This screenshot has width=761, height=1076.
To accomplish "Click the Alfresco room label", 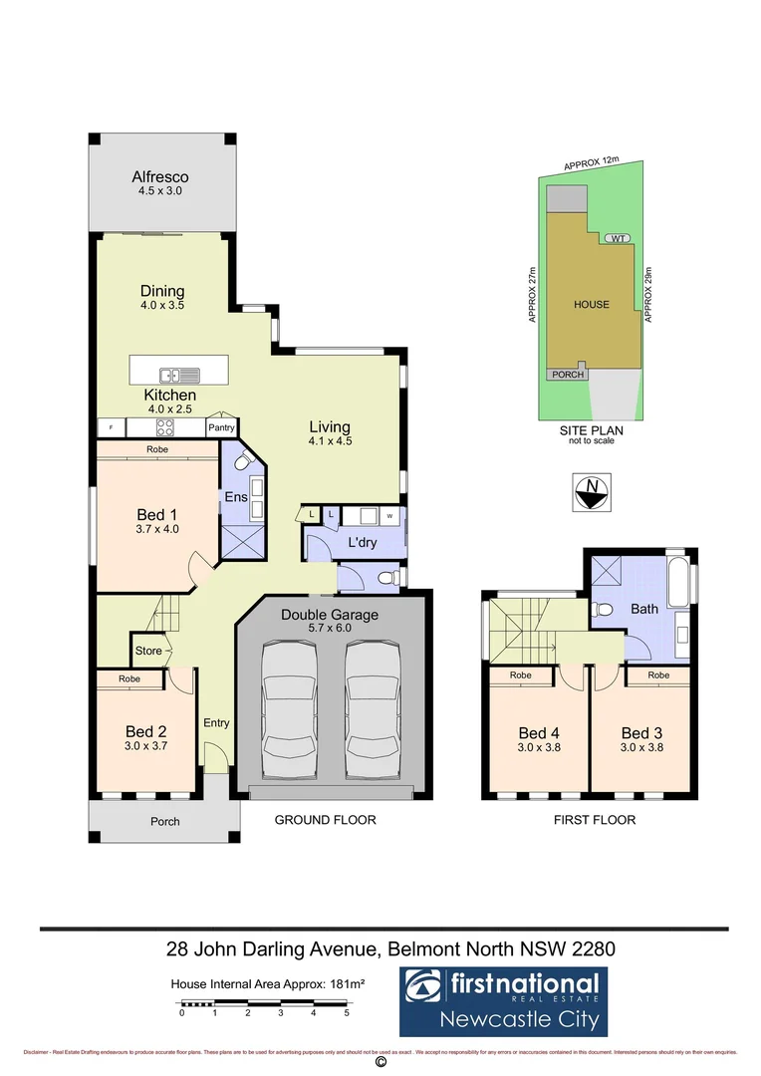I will [160, 177].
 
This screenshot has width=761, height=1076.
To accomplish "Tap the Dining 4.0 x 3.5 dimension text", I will [161, 307].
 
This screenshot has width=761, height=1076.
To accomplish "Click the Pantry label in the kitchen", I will [220, 428].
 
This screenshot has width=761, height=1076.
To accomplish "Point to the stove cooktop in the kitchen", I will [164, 428].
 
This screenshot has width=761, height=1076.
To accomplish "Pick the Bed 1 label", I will [157, 514].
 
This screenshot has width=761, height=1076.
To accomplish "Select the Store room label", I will [148, 651].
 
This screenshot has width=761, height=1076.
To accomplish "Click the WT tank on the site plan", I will [618, 239].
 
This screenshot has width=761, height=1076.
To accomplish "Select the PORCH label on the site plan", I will [566, 375].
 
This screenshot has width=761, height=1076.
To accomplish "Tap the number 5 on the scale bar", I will [347, 1013].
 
